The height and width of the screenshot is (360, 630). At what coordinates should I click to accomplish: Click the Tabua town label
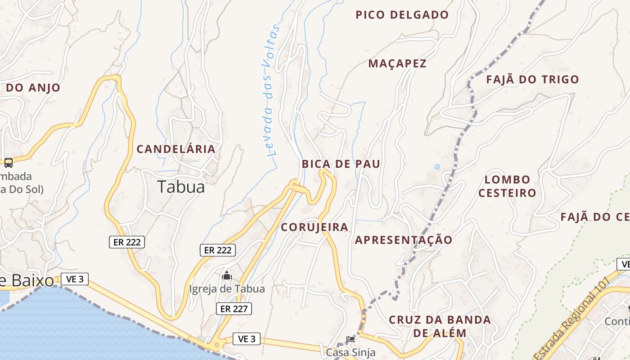point(181,187)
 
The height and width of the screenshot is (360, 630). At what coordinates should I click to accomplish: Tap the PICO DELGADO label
point(402,15)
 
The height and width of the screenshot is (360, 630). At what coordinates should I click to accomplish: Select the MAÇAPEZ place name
point(397,63)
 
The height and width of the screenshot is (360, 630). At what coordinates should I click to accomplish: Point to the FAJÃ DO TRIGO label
point(532,80)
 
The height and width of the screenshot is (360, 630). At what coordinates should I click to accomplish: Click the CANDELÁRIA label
point(176,149)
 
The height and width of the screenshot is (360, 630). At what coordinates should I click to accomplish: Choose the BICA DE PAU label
point(341,164)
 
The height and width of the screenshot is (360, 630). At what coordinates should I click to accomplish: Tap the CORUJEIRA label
point(315,227)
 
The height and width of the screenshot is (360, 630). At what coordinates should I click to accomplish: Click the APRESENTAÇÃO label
point(404,240)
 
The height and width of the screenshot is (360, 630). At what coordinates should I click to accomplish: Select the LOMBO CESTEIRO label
point(507,186)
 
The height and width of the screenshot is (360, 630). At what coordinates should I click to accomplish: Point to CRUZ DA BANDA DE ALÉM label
point(440,326)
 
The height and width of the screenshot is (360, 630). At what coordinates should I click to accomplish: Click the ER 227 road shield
point(234,309)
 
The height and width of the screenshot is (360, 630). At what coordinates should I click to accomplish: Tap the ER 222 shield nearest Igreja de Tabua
point(218,250)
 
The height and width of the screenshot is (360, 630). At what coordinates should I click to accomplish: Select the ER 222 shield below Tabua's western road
point(127,242)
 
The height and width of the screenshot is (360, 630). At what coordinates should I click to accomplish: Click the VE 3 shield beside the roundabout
point(247,339)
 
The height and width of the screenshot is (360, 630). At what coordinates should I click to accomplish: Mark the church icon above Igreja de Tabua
point(227,275)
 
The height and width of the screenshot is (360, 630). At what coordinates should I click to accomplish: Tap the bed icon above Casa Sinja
point(351,339)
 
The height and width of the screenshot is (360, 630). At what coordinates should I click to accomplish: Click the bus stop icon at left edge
point(8,162)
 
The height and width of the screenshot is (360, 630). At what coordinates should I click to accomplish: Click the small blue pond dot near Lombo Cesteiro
point(437,167)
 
